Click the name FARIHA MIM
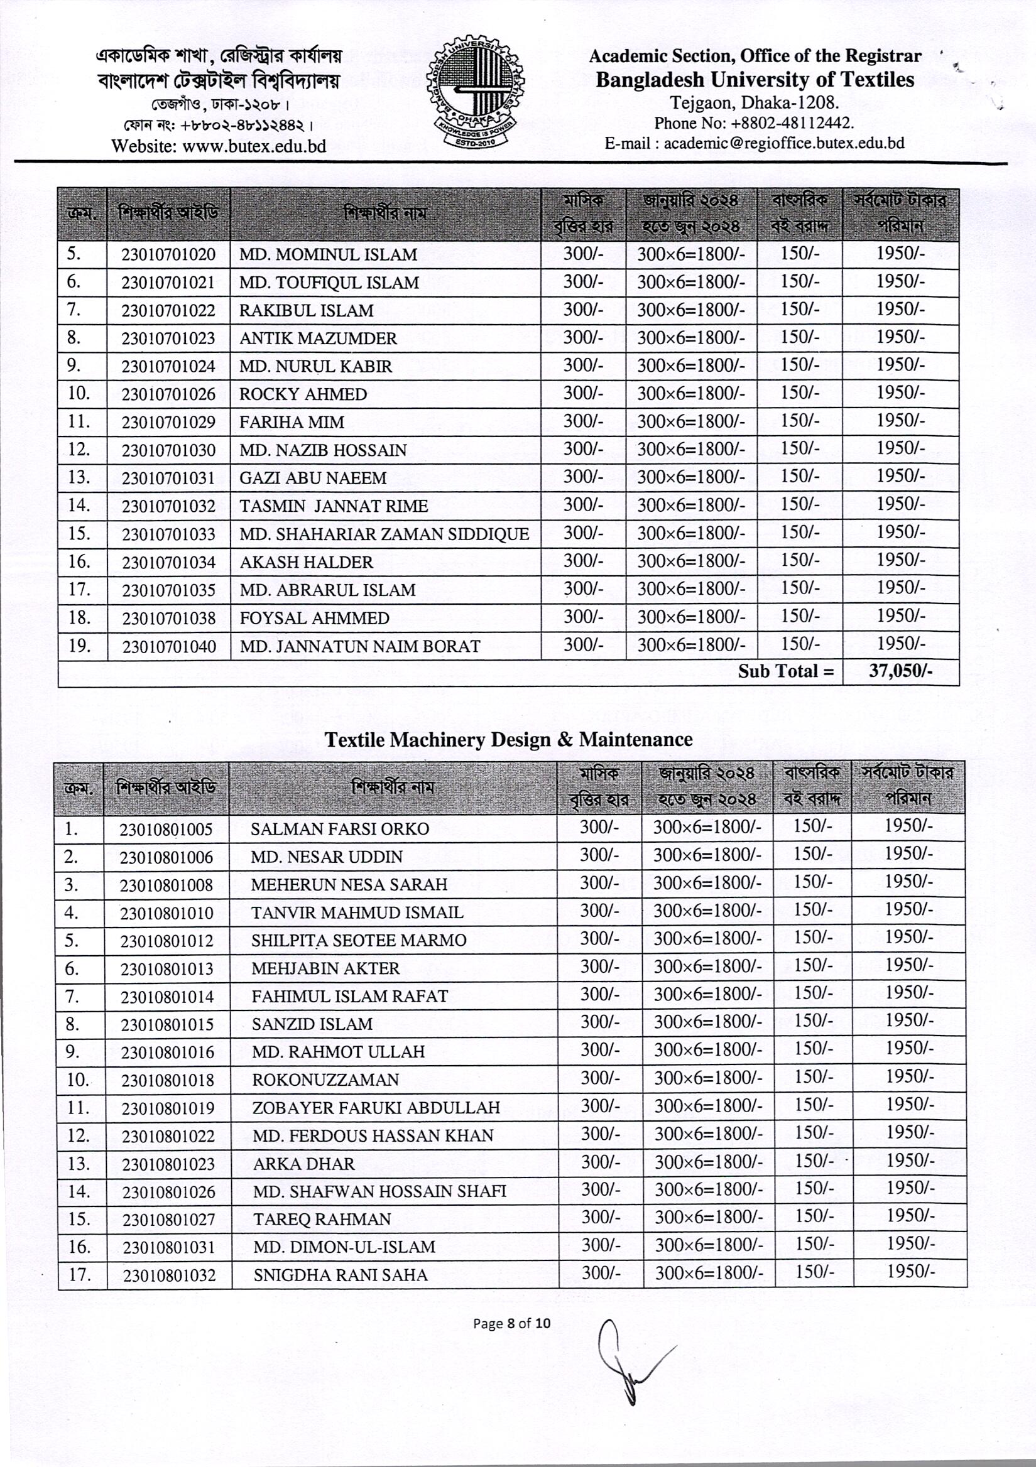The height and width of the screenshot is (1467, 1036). click(292, 423)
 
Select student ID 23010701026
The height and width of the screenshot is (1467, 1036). click(169, 394)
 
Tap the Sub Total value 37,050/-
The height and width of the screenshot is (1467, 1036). click(900, 671)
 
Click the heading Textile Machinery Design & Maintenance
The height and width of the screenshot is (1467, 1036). click(508, 740)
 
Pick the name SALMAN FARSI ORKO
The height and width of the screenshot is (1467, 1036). click(339, 830)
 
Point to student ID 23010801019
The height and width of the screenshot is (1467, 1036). click(168, 1108)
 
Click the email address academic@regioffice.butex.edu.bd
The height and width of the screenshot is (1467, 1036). click(783, 143)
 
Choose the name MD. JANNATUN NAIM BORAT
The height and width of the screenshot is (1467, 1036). click(360, 647)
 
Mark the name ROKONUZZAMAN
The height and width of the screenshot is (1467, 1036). click(325, 1080)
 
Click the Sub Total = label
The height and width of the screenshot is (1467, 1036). click(785, 671)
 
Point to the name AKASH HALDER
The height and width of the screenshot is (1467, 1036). click(306, 562)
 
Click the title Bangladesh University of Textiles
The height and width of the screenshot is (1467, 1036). click(755, 80)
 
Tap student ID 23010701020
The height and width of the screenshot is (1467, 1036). click(169, 255)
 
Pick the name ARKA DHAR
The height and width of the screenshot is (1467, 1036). click(303, 1164)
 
